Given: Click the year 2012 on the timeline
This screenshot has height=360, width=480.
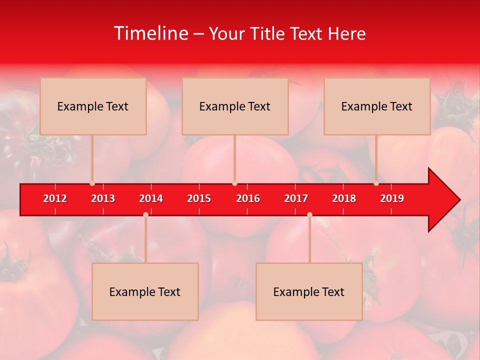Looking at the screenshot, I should pyautogui.click(x=55, y=198).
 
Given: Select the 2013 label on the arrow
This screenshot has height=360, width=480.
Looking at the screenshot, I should pyautogui.click(x=103, y=198).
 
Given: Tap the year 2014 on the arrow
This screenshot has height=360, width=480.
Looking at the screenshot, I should pyautogui.click(x=151, y=198).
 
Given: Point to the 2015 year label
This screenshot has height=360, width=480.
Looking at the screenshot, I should pyautogui.click(x=199, y=198).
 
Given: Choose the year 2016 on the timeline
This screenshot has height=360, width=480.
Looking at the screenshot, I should pyautogui.click(x=248, y=198).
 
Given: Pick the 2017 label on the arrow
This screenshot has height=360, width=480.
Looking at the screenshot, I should pyautogui.click(x=296, y=198).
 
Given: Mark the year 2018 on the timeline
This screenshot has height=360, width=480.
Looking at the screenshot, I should pyautogui.click(x=344, y=198).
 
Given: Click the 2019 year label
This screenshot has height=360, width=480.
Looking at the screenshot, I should pyautogui.click(x=392, y=198).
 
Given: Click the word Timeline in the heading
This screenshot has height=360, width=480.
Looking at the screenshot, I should pyautogui.click(x=150, y=33).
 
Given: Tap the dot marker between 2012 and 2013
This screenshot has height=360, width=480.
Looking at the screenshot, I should pyautogui.click(x=92, y=183).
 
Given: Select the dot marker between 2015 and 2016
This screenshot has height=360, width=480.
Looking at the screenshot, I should pyautogui.click(x=234, y=183).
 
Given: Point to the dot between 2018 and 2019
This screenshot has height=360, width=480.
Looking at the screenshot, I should pyautogui.click(x=376, y=183).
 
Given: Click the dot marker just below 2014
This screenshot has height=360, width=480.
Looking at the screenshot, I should pyautogui.click(x=145, y=214).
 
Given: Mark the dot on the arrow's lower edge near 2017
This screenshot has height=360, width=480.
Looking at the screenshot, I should pyautogui.click(x=309, y=214).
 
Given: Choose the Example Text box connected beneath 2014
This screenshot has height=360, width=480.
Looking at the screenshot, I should pyautogui.click(x=145, y=291).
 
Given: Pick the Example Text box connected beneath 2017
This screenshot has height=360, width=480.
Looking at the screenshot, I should pyautogui.click(x=309, y=291).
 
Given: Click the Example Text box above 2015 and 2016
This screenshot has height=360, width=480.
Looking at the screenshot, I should pyautogui.click(x=235, y=106).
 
